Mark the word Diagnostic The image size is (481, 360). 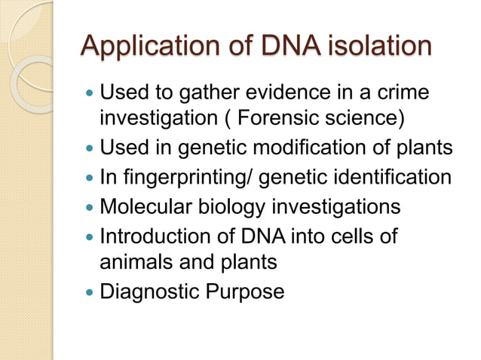148,291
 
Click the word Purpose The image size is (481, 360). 243,291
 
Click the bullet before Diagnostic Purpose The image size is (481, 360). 90,291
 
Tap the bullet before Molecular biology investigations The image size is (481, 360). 90,206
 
